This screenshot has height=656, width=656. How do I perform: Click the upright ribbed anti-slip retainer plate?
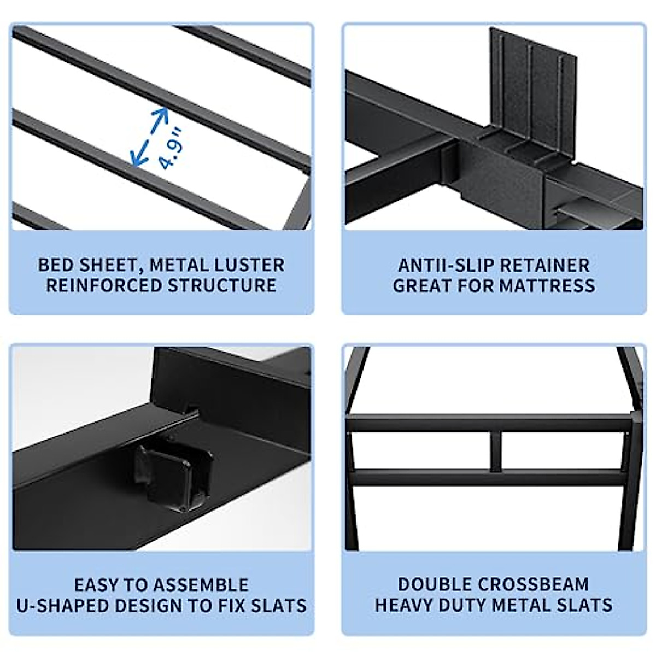(533, 87)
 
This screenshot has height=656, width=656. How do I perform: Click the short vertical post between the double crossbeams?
(495, 452)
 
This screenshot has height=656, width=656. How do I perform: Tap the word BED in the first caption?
(54, 265)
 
